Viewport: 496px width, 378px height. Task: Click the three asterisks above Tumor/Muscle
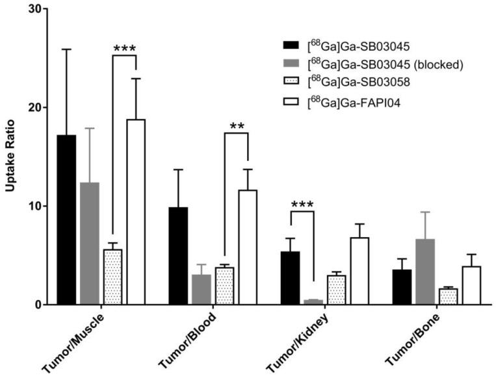pos(124,49)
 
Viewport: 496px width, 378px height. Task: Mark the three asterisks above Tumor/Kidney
pos(302,205)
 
